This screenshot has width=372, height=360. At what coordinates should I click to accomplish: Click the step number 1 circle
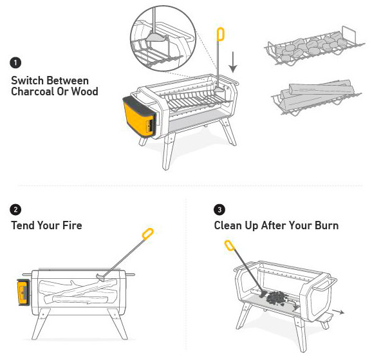[x=16, y=63]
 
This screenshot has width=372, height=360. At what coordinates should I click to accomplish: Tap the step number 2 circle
[x=16, y=209]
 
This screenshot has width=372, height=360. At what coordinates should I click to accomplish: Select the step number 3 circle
[x=219, y=209]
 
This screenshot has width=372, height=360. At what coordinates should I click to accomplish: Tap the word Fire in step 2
[x=71, y=225]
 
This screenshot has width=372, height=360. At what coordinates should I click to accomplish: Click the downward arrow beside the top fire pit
[x=234, y=62]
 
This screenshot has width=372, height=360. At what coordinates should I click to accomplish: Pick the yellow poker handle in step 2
[x=147, y=233]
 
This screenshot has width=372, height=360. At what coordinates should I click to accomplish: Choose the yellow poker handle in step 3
[x=228, y=245]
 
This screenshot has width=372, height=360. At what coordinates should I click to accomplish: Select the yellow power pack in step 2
[x=23, y=292]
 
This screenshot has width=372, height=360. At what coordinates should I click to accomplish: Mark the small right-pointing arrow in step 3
[x=337, y=310]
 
